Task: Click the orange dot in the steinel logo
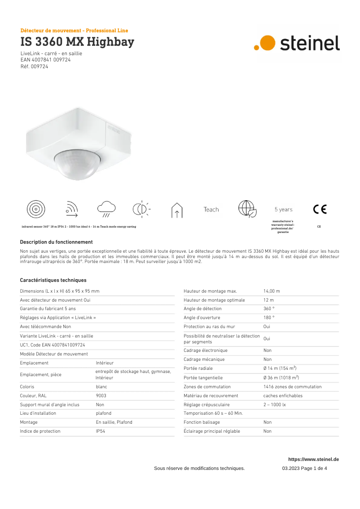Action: point(268,42)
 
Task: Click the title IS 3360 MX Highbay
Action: point(77,42)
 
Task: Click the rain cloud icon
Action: point(106,209)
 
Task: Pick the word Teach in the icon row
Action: point(211,210)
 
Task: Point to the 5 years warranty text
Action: point(283,210)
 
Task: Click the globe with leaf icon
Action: point(247,209)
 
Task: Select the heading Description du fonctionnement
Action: point(56,242)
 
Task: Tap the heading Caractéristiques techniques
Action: point(53,280)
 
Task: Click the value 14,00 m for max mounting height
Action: point(272,291)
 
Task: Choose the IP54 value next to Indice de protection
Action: point(101,431)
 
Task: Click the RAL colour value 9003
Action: point(101,395)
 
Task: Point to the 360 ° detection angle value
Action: point(268,309)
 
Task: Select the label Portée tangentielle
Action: point(203,377)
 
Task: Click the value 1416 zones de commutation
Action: point(292,386)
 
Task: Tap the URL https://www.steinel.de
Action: point(313,459)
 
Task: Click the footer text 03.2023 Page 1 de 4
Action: point(304,468)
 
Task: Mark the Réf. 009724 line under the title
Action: point(34,66)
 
